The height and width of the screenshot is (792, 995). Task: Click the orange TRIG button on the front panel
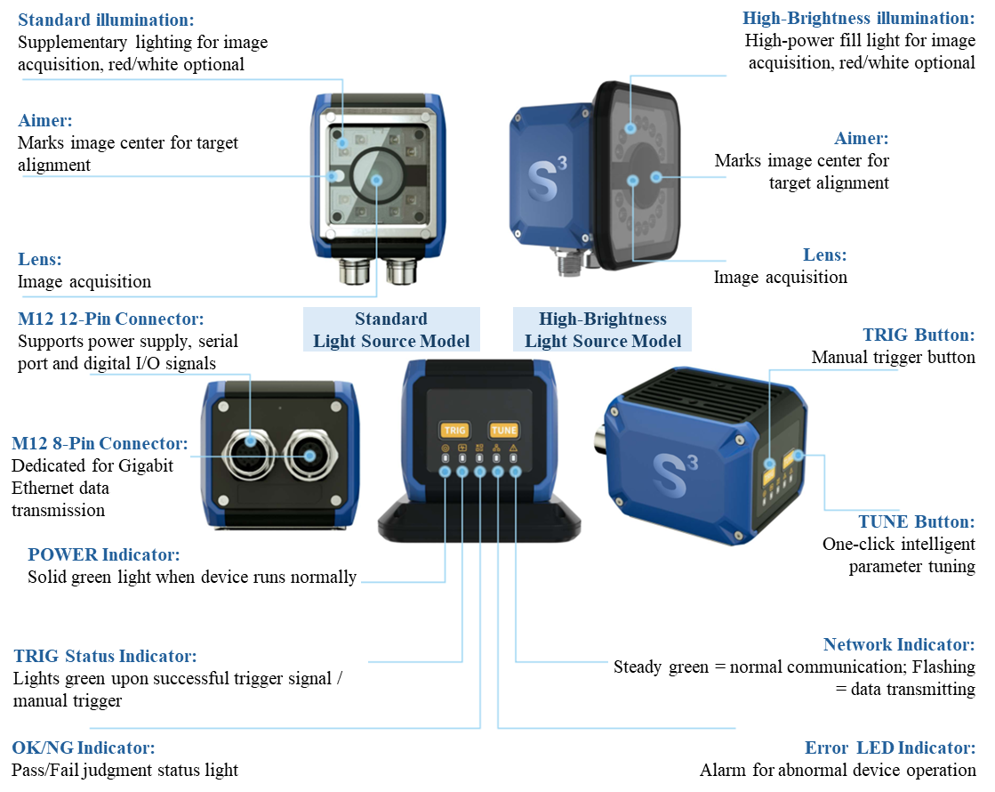point(454,430)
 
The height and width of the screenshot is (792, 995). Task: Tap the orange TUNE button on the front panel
point(504,430)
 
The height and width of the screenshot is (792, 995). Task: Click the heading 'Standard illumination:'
point(106,20)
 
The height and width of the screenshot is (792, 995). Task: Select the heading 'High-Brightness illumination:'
point(859,18)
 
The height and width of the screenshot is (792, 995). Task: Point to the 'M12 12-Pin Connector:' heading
point(111,319)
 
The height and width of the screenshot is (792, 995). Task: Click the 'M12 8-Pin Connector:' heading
point(100,443)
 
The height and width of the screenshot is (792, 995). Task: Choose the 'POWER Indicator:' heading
point(104,554)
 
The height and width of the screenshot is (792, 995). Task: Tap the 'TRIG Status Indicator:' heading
point(105,656)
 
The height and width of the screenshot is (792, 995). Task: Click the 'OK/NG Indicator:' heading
point(83,748)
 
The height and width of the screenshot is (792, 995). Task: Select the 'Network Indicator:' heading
point(899,644)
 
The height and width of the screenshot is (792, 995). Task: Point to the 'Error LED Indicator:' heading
point(890,748)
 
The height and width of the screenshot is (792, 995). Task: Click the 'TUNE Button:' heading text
point(917,521)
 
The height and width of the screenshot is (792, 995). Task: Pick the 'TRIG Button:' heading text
point(919,335)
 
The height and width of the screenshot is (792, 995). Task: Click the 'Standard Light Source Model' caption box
point(391,329)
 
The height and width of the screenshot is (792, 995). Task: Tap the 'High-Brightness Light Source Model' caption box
point(603,329)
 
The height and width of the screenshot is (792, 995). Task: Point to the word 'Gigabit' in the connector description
point(145,466)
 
